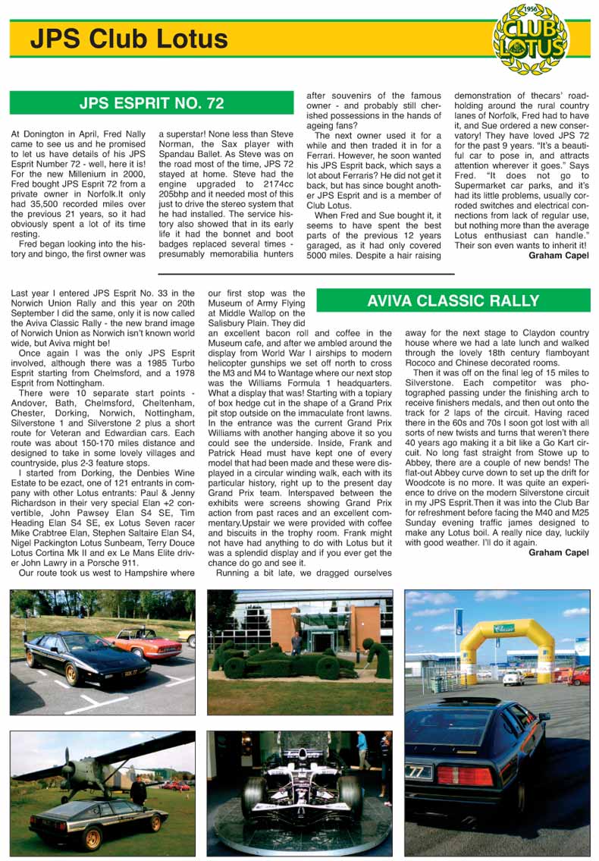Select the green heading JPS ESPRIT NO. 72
click(x=151, y=102)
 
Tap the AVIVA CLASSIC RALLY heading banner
click(x=453, y=300)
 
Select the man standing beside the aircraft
click(x=138, y=790)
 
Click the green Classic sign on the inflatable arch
click(x=503, y=629)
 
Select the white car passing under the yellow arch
click(x=513, y=677)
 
